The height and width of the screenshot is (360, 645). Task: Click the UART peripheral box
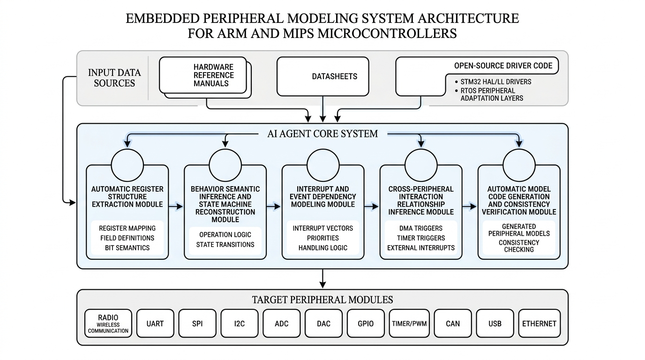[155, 323]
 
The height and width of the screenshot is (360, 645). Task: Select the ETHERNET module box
[539, 323]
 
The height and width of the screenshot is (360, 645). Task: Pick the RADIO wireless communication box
[108, 323]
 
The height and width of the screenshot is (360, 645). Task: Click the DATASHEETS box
[322, 76]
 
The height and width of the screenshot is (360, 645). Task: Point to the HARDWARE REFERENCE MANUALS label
[213, 75]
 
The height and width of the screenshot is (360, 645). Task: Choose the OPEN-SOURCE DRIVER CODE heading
[503, 66]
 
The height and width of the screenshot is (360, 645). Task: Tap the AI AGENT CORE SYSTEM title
[322, 134]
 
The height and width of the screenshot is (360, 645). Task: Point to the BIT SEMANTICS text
[127, 247]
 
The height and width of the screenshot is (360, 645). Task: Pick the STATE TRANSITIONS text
[225, 244]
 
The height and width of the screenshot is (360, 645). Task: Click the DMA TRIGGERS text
[420, 228]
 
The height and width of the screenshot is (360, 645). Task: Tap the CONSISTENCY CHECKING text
[518, 246]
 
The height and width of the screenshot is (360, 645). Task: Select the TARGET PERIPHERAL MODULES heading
[322, 300]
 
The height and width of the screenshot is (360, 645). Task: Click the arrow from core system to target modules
[322, 278]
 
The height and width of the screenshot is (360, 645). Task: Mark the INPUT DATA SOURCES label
[114, 78]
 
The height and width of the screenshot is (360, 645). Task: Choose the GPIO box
[366, 323]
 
